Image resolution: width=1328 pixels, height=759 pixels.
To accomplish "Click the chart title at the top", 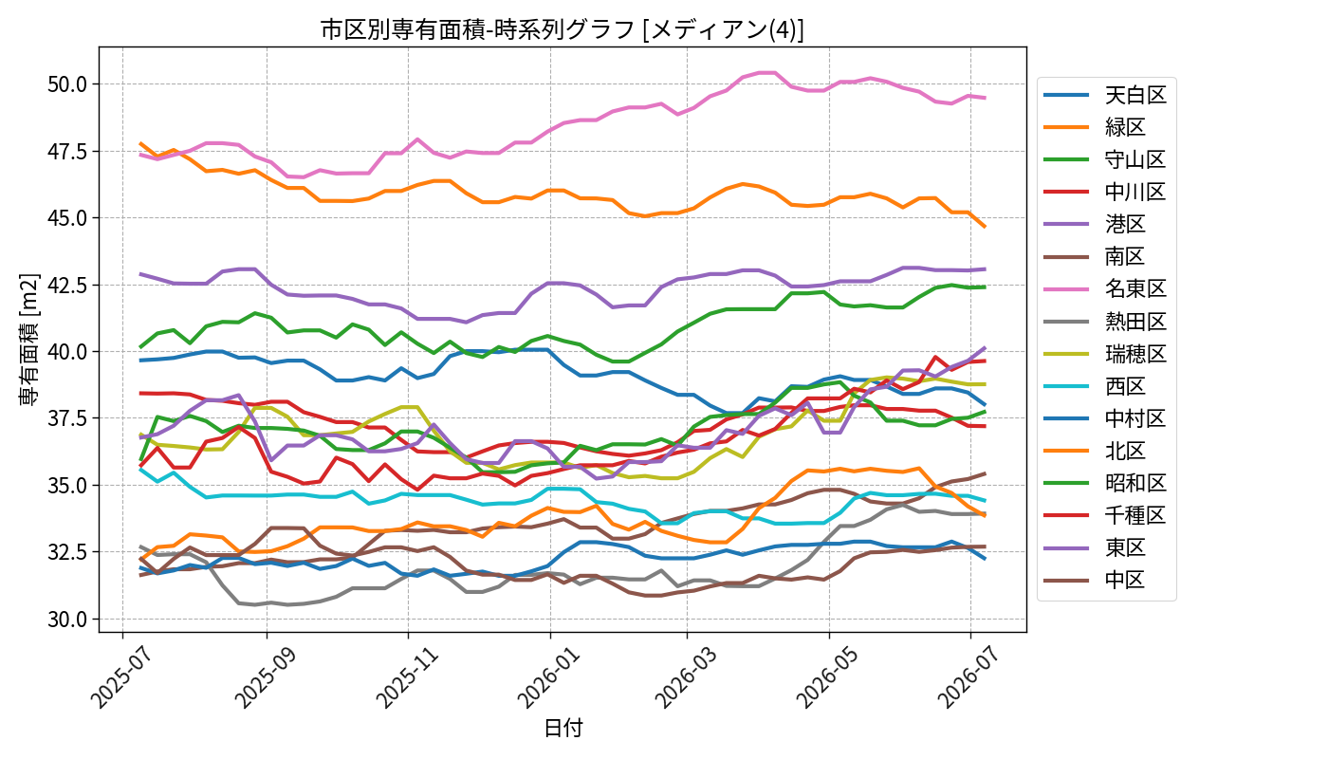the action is tap(562, 29).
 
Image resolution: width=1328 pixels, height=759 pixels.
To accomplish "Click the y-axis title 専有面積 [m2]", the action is tap(29, 340).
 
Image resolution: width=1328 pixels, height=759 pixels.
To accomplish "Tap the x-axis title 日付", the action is tap(563, 728).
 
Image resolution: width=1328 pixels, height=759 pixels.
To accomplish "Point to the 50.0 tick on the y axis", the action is tap(67, 84).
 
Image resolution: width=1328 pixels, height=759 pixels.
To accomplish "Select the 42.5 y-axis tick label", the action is tap(67, 285).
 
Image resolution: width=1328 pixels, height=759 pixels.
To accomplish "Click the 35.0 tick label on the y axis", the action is tap(67, 485).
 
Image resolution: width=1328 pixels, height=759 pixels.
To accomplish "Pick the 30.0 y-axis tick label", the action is tap(67, 619).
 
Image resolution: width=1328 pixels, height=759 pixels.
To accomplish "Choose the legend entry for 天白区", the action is tap(1104, 95).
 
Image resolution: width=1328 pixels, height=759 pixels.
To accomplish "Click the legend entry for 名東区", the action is tap(1104, 288).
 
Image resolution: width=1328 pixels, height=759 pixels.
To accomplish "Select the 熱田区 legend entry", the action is tap(1104, 322).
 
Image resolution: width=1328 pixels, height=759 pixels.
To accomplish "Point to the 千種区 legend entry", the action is tap(1104, 515).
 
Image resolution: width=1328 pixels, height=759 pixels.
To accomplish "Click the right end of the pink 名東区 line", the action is tap(986, 98).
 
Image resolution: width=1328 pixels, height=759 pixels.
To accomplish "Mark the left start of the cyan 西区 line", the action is tap(140, 469).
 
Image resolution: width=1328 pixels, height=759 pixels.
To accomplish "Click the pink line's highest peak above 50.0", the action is tap(767, 72).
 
